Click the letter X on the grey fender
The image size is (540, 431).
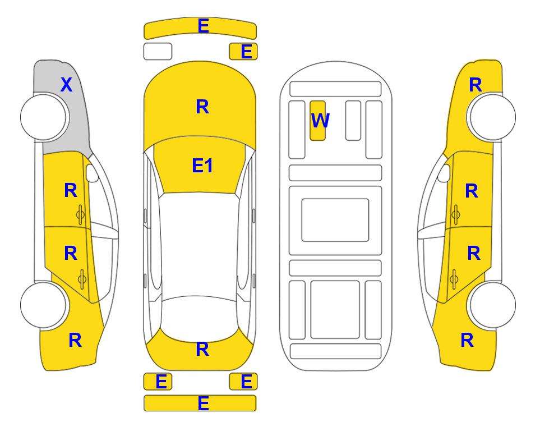tap(67, 85)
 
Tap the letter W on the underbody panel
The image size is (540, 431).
tap(320, 120)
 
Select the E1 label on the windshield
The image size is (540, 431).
tap(202, 166)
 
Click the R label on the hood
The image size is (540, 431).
tap(202, 107)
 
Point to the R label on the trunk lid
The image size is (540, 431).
tap(202, 349)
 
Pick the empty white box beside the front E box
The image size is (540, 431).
tap(158, 52)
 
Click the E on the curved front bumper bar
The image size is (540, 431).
tap(203, 26)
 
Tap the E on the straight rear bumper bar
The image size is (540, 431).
tap(203, 403)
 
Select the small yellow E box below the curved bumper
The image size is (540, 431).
tap(243, 52)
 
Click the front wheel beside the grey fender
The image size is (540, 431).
tap(43, 117)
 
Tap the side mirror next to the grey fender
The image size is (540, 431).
tap(92, 173)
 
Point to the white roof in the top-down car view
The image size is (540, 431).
tap(200, 245)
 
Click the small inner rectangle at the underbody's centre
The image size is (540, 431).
tap(335, 220)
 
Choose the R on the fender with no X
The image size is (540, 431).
tap(476, 85)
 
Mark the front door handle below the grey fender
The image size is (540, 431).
tap(80, 215)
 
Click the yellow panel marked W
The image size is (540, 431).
tap(317, 121)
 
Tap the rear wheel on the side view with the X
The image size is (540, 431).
tap(43, 305)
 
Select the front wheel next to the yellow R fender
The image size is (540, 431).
tap(492, 117)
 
